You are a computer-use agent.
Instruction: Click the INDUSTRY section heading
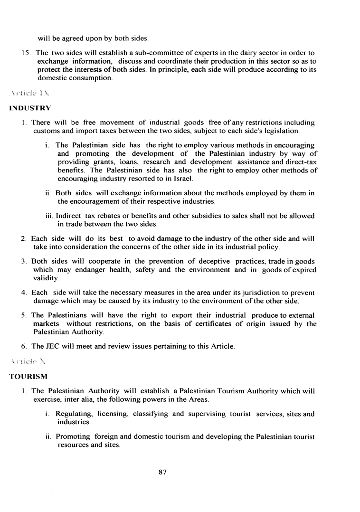pyautogui.click(x=30, y=108)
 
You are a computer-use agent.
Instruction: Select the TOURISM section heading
pyautogui.click(x=28, y=377)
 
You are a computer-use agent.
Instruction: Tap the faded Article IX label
pyautogui.click(x=30, y=94)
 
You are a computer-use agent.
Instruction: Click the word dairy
pyautogui.click(x=235, y=53)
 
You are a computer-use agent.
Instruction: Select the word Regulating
pyautogui.click(x=75, y=414)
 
